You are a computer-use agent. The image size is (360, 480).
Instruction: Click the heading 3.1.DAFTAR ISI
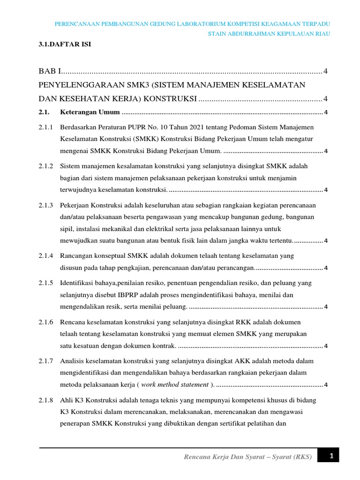coord(65,45)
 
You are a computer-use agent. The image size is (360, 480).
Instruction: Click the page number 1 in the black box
coord(330,456)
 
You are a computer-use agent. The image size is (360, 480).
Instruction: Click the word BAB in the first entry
coord(47,71)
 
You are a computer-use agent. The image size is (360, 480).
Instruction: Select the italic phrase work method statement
coord(174,385)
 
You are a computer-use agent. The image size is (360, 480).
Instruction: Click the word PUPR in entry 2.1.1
coord(142,127)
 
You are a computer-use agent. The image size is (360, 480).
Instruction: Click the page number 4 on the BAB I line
coord(325,71)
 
